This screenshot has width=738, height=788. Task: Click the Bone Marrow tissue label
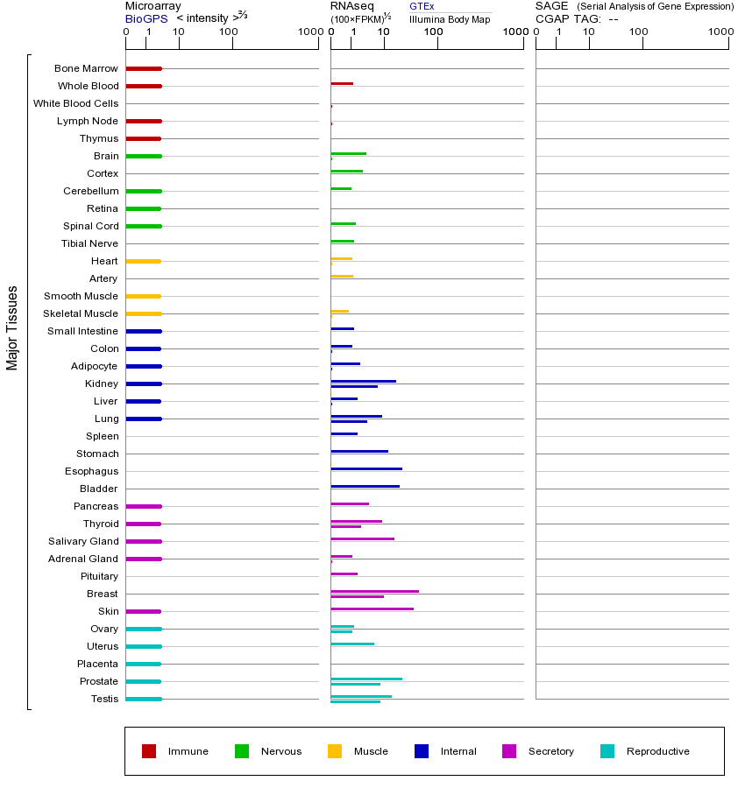pos(86,68)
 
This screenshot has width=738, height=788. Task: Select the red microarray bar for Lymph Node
pos(144,121)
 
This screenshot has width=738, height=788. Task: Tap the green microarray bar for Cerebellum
pos(144,191)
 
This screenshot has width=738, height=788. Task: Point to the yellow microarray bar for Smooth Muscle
pos(144,296)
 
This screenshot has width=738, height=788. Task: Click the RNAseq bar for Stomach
pos(359,451)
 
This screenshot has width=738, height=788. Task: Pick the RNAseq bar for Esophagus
pos(366,468)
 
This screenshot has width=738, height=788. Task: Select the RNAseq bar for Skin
pos(372,609)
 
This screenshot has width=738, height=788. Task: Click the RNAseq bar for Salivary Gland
pos(362,538)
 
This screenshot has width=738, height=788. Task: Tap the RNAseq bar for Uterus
pos(352,644)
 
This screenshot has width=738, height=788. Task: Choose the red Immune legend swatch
pos(149,751)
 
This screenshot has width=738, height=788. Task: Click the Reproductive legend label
pos(657,751)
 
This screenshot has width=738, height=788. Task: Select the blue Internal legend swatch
pos(422,751)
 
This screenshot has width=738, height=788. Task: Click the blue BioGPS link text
pos(144,18)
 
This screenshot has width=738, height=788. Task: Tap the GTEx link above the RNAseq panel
pos(422,6)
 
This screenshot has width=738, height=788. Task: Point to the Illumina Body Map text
pos(450,18)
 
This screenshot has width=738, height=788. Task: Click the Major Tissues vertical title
pos(12,327)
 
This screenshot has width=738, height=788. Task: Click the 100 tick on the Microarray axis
pos(229,32)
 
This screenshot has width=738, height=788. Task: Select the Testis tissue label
pos(104,699)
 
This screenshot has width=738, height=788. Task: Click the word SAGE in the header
pos(551,6)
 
